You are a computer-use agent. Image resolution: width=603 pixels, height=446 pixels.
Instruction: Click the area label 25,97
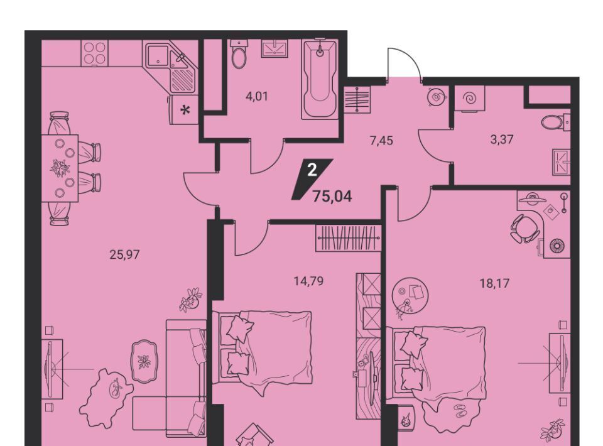point(124,254)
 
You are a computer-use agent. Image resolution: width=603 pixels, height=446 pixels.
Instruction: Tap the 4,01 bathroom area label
point(256,95)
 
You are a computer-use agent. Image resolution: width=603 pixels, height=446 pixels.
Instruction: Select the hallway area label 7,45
point(381,141)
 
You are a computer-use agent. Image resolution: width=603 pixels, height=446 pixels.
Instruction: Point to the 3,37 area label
point(502,139)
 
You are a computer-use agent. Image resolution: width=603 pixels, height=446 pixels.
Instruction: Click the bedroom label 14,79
point(308,281)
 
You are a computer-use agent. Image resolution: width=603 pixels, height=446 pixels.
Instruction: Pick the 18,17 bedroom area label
point(494,284)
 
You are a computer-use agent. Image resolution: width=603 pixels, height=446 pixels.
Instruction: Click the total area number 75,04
point(333,197)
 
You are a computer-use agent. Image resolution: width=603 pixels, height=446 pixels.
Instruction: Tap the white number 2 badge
point(312,170)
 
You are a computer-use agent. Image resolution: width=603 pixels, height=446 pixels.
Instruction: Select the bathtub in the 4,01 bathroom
point(320,79)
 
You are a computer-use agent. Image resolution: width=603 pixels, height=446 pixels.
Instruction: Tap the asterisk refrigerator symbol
point(185,111)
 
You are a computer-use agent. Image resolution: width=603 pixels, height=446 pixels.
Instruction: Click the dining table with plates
point(60,168)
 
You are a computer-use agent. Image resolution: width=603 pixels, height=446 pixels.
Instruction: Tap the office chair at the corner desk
point(525,228)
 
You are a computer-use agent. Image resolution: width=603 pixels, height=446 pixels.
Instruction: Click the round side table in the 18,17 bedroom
point(410,295)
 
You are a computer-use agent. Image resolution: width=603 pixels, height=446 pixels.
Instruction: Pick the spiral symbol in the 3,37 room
point(470,99)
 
